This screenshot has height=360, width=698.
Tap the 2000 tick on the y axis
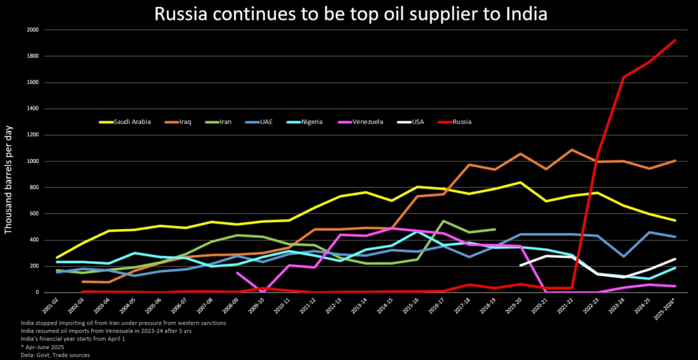(x=32, y=30)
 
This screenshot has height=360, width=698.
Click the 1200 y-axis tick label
(x=32, y=135)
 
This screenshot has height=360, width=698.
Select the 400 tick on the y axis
(x=33, y=240)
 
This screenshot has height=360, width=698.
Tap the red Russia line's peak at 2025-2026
(x=674, y=40)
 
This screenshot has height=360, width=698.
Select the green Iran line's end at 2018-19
(x=494, y=229)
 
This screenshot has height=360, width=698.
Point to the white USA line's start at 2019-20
(x=520, y=265)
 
